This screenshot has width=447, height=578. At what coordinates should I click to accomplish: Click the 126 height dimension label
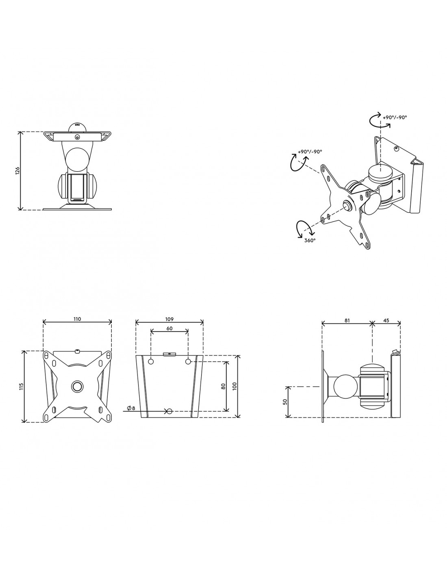[17, 170]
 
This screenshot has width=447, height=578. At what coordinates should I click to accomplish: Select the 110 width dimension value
[77, 319]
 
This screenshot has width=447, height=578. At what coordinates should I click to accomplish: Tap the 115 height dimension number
[22, 386]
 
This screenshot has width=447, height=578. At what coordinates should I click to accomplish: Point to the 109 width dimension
[169, 319]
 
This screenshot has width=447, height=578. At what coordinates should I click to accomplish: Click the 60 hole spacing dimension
[169, 328]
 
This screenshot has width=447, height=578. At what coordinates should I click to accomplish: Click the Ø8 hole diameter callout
[131, 408]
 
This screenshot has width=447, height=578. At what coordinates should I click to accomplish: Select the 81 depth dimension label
[347, 321]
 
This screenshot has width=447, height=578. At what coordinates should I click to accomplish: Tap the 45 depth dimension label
[386, 321]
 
